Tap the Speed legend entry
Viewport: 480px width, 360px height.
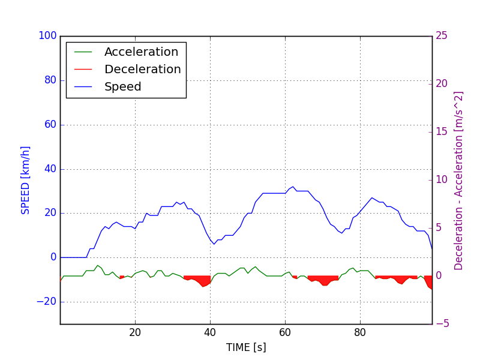click(123, 87)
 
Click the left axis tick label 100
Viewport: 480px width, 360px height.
click(47, 36)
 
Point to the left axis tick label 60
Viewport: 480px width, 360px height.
click(50, 125)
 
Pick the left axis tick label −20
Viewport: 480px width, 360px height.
click(46, 301)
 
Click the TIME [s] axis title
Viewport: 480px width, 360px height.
click(246, 347)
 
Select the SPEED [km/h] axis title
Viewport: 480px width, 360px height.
click(26, 180)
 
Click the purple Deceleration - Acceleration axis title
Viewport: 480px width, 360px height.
click(459, 180)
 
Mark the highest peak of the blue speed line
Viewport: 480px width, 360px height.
click(293, 187)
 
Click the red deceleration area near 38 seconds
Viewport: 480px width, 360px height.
click(204, 281)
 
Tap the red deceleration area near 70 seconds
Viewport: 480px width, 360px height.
click(324, 281)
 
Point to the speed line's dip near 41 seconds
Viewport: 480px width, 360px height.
click(214, 244)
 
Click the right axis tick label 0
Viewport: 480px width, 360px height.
click(439, 276)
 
